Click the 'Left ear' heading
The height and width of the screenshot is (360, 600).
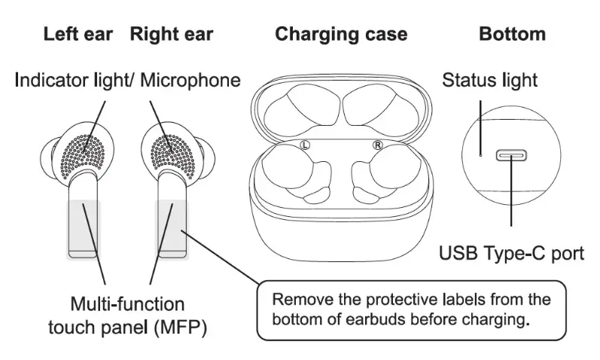(x=79, y=35)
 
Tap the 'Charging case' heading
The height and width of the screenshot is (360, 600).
(x=341, y=35)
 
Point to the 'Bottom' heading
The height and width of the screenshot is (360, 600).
(x=512, y=35)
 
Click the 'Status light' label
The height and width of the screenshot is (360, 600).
(x=489, y=80)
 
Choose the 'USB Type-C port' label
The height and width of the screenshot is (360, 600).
(x=511, y=252)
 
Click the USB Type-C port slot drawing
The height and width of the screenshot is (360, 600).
(x=511, y=156)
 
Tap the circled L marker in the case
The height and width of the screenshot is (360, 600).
(x=305, y=144)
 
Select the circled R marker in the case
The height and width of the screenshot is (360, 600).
(x=377, y=144)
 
